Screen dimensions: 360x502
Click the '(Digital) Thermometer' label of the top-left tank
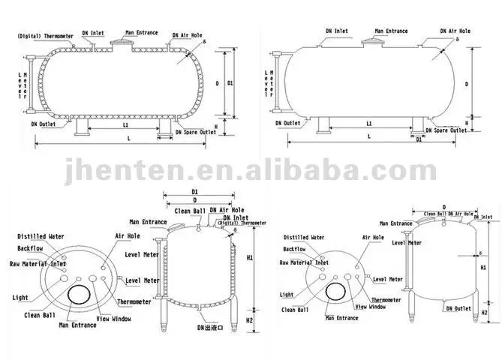pos(42,34)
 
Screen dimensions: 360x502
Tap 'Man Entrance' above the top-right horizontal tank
pos(387,31)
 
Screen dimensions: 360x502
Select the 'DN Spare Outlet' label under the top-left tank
pos(195,131)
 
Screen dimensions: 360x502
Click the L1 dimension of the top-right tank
pos(369,122)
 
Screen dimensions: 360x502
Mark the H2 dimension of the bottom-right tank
pos(484,312)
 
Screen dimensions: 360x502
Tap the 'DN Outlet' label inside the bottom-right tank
pos(456,307)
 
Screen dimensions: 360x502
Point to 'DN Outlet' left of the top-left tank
pos(43,124)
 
